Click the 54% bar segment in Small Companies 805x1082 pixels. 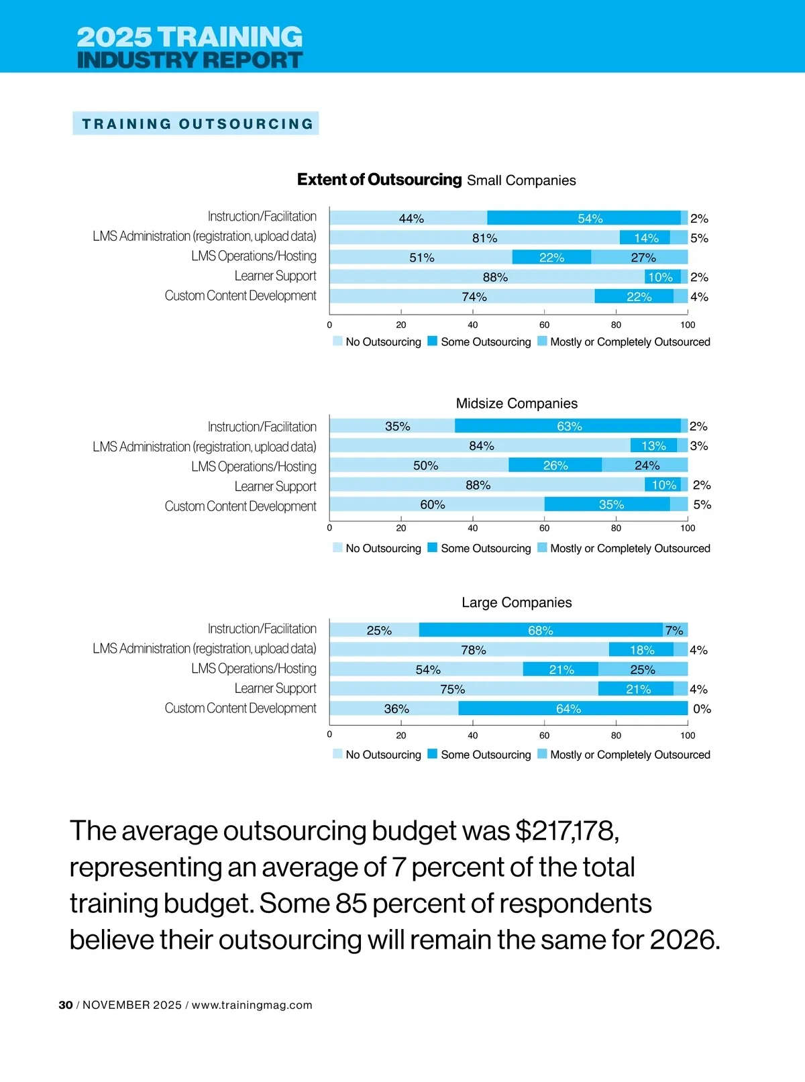584,218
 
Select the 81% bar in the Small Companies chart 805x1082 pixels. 474,237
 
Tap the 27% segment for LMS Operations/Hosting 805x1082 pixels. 640,257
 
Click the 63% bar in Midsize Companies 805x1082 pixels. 568,426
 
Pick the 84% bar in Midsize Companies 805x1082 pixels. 480,445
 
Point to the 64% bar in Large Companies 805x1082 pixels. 573,708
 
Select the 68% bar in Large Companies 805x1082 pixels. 541,630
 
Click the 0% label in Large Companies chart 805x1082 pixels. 702,708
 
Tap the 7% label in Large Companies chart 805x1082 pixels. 674,630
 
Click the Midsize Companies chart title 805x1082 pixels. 517,403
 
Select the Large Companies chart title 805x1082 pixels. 517,602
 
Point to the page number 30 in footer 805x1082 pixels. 66,1005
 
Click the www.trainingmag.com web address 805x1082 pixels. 252,1005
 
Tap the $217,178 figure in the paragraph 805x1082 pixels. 567,830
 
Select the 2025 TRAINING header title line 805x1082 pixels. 190,36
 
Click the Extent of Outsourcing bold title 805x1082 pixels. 379,180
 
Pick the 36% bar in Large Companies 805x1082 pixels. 394,708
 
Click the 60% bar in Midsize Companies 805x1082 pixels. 437,504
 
